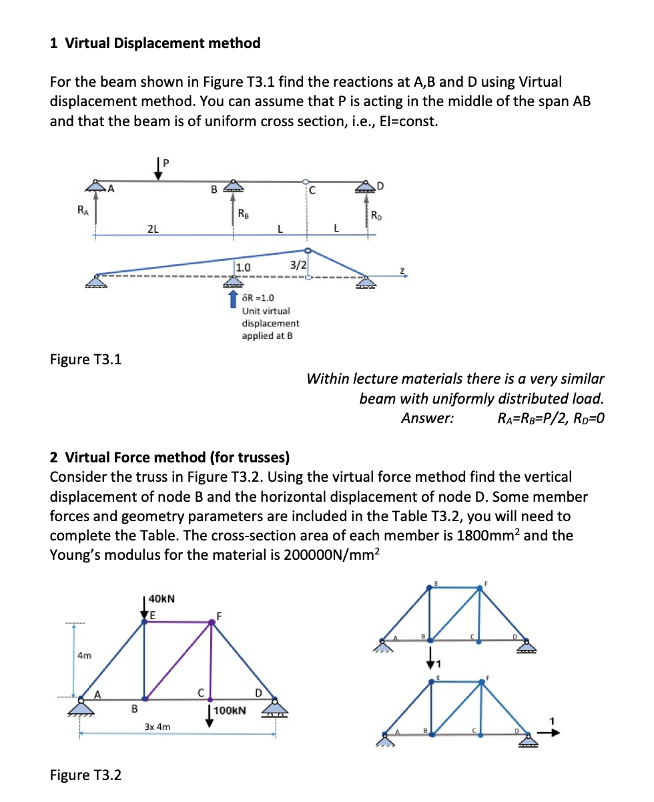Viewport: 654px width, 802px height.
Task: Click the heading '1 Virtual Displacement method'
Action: [155, 43]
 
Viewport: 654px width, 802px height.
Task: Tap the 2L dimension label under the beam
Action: [152, 228]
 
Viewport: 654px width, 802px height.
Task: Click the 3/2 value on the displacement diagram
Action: [298, 264]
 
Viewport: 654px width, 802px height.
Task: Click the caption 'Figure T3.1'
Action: [85, 360]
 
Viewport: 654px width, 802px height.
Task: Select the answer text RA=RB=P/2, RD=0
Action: [551, 418]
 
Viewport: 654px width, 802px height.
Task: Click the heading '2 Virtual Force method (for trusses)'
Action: [170, 457]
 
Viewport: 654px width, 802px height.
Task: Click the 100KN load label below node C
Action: [230, 711]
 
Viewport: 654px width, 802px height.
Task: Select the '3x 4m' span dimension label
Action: [157, 726]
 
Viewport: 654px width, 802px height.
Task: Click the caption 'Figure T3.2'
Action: [85, 775]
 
